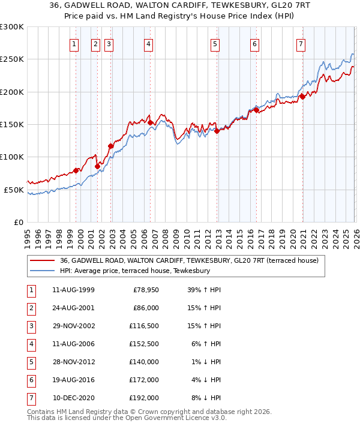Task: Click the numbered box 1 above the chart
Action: pyautogui.click(x=74, y=43)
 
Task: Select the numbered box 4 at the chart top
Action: pyautogui.click(x=148, y=43)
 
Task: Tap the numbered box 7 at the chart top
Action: pyautogui.click(x=301, y=43)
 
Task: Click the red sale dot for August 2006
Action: pyautogui.click(x=151, y=122)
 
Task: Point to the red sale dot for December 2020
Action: pyautogui.click(x=303, y=97)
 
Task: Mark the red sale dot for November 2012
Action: pyautogui.click(x=217, y=131)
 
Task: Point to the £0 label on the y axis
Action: pyautogui.click(x=17, y=222)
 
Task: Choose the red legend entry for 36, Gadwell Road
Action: pyautogui.click(x=192, y=260)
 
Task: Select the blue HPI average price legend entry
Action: pyautogui.click(x=134, y=271)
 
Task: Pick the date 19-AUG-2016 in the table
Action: pyautogui.click(x=73, y=380)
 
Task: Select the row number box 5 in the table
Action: pyautogui.click(x=31, y=362)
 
